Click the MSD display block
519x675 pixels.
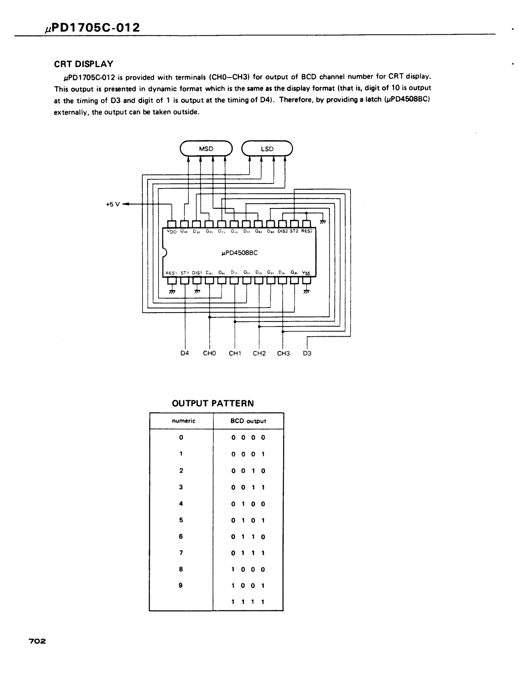206,148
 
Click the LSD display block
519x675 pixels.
267,148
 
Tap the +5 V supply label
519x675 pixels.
113,204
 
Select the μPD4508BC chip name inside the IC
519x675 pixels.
239,253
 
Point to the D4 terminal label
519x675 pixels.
185,354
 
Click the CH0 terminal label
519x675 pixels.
209,354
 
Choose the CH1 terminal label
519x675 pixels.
235,354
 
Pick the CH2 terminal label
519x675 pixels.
259,354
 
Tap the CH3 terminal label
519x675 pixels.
283,354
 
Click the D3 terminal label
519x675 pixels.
307,354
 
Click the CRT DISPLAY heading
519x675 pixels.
84,64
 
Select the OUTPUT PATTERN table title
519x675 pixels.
213,403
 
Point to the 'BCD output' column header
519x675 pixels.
248,421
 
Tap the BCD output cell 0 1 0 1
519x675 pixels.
248,520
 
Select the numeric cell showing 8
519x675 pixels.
181,569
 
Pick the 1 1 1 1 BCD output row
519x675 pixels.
248,602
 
